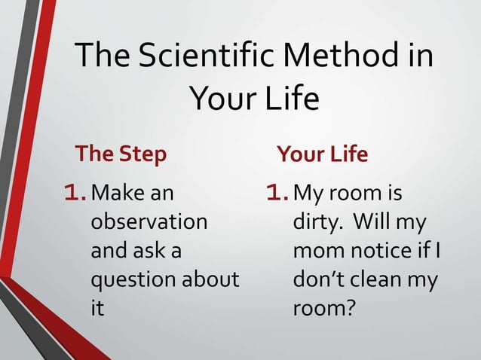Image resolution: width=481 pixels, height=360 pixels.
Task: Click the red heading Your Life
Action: click(322, 154)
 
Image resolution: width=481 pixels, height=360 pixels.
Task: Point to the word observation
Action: click(149, 223)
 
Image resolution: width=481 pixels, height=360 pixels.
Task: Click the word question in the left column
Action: click(133, 280)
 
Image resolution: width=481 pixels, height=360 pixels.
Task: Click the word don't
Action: click(320, 280)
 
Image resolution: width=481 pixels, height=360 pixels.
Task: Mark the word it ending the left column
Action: click(97, 309)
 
